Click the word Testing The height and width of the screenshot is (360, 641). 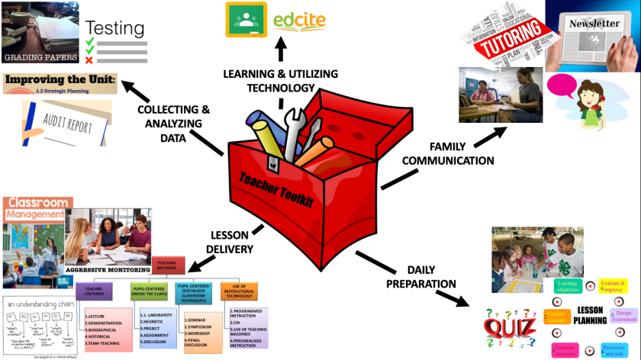click(114, 29)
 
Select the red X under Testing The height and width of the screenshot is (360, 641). click(90, 60)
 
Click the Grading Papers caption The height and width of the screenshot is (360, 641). click(40, 56)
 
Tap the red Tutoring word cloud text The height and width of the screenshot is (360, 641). click(507, 46)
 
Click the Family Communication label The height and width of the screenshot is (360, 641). click(448, 153)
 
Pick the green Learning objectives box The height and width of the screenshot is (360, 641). click(566, 287)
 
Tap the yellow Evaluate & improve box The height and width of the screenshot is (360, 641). click(617, 285)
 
